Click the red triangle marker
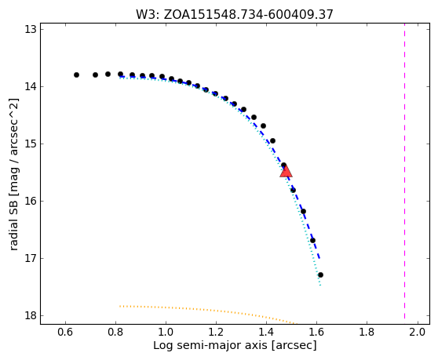coord(286,171)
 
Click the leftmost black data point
coord(77,75)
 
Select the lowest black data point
coord(320,275)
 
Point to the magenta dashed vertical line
coord(404,173)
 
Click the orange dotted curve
coord(207,310)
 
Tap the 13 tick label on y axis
coord(31,29)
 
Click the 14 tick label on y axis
coord(31,86)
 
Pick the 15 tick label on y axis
coord(31,144)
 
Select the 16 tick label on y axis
coord(31,201)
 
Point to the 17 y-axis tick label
coord(31,258)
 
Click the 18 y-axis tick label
coord(31,315)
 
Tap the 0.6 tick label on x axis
coord(65,332)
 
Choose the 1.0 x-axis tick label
coord(166,332)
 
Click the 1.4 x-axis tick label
coord(266,332)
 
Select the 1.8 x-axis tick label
coord(367,332)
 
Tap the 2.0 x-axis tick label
coord(418,332)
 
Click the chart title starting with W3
coord(235,15)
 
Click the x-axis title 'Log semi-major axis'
coord(235,345)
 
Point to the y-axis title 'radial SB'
coord(13,174)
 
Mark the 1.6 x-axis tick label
coord(316,332)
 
